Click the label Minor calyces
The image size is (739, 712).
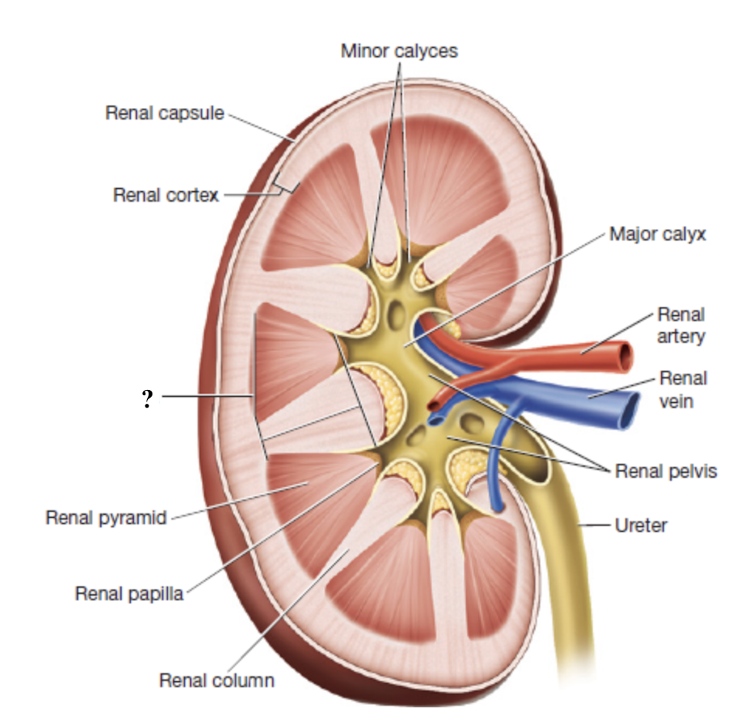coord(399,51)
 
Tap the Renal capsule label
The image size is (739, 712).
coord(164,113)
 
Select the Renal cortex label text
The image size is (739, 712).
coord(166,195)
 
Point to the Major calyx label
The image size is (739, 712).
coord(657,233)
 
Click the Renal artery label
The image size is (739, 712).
coord(680,325)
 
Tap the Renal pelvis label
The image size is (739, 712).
coord(665,471)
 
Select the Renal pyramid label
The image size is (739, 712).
coord(106,517)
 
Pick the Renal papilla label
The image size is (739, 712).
coord(129,593)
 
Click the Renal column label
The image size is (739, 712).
coord(216,680)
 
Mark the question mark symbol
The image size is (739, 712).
coord(147,398)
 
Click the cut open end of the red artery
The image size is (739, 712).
coord(626,355)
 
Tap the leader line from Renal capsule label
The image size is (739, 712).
coord(258,126)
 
